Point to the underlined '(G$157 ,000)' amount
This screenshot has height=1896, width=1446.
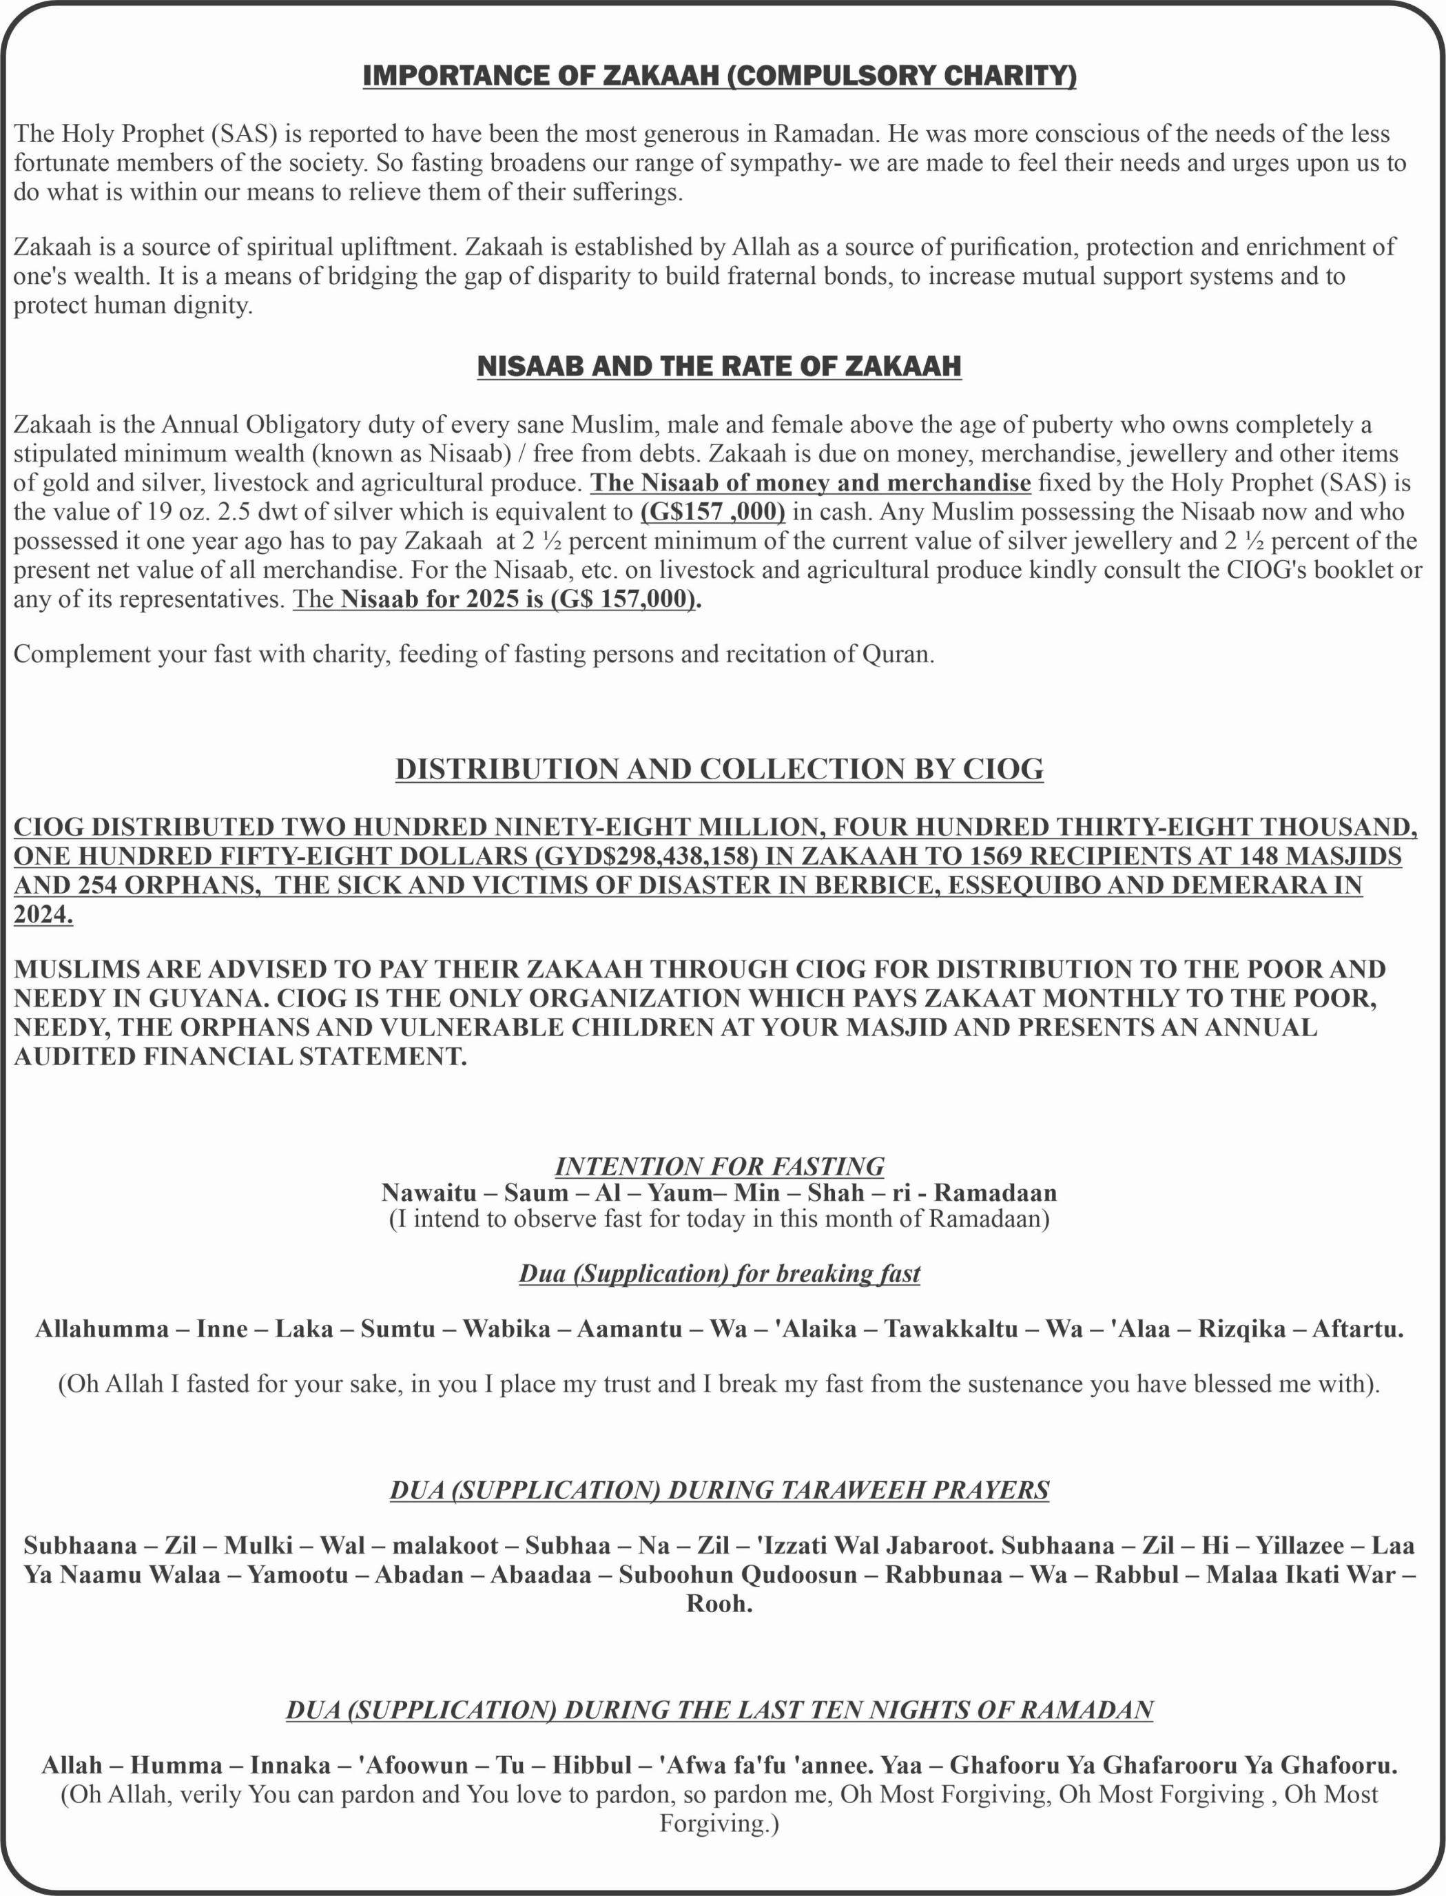point(713,512)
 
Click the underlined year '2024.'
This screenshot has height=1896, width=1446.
point(43,915)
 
